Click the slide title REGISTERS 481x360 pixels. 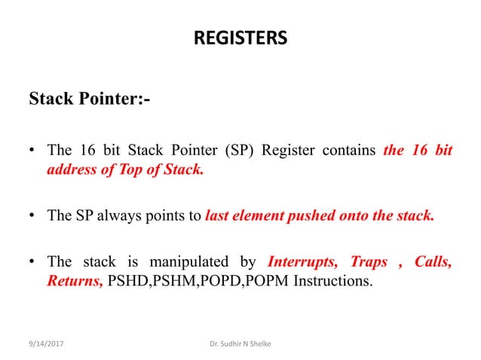[240, 37]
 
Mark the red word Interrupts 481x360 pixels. [302, 262]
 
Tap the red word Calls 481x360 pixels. [433, 262]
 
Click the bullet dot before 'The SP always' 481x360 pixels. [32, 216]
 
